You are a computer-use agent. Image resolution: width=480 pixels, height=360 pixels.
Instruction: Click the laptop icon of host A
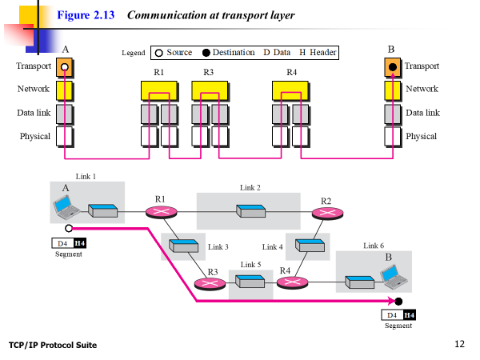(x=66, y=207)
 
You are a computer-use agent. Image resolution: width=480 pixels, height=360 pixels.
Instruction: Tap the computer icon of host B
(x=392, y=278)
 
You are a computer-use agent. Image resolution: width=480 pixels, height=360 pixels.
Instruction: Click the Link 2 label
(x=250, y=187)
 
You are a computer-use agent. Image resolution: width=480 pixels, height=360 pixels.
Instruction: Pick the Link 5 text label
(x=250, y=264)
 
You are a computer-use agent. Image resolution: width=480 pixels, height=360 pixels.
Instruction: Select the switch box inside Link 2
(x=250, y=211)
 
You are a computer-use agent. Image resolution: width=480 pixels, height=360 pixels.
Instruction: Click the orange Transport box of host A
(x=65, y=67)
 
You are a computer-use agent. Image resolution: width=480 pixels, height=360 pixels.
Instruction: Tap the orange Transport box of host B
(x=392, y=67)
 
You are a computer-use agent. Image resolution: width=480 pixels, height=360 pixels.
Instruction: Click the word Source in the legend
(x=179, y=53)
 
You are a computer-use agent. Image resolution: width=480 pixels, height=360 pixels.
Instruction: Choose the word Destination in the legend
(x=234, y=53)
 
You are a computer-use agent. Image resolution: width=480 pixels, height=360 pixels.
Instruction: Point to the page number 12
(x=459, y=345)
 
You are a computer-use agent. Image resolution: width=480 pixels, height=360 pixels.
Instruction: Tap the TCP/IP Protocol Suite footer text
(x=53, y=345)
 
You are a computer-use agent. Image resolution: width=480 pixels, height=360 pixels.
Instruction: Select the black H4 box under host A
(x=79, y=242)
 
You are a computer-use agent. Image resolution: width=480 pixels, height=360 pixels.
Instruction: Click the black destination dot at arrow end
(x=398, y=301)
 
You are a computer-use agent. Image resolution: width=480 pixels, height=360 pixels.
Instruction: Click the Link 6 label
(x=374, y=246)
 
